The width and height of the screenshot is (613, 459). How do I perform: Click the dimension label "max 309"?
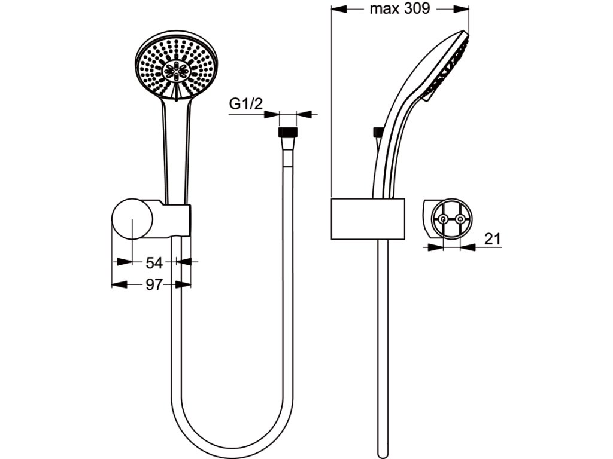click(400, 9)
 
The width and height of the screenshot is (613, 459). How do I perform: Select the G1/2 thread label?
click(246, 104)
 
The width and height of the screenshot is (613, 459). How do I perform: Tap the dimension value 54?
click(154, 262)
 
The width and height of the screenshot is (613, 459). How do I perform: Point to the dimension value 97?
click(154, 285)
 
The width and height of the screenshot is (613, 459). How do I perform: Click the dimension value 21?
click(491, 239)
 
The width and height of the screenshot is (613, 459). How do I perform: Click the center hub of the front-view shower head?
click(177, 70)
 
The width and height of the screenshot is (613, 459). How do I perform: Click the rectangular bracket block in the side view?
click(368, 219)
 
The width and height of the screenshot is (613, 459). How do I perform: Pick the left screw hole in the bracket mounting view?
click(442, 219)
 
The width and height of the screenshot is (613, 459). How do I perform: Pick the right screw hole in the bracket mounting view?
click(460, 219)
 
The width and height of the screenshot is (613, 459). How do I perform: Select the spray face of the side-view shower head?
click(449, 66)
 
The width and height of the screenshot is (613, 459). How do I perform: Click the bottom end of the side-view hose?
click(381, 451)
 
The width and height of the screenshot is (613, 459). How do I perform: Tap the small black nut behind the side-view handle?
click(378, 132)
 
